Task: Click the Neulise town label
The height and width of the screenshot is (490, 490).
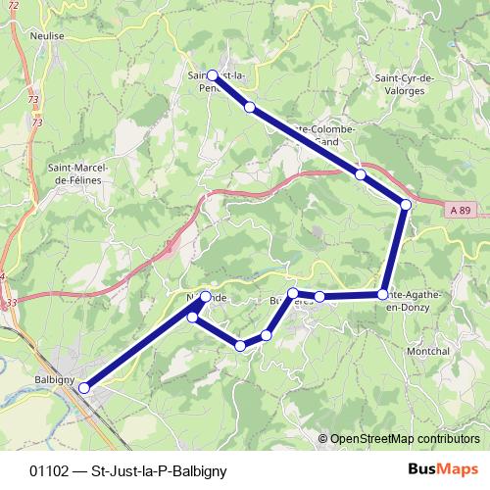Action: coord(47,34)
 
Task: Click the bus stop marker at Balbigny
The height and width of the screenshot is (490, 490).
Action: coord(84,388)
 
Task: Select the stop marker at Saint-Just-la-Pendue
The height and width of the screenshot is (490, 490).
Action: coord(213,74)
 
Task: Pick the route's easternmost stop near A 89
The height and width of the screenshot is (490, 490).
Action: coord(405,204)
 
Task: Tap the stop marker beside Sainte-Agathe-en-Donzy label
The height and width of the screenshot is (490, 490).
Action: coord(383,294)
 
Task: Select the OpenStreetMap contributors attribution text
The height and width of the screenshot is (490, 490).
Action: coord(404,438)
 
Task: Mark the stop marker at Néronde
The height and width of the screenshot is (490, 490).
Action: coord(206,296)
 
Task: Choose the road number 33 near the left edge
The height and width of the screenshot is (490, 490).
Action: coord(10,304)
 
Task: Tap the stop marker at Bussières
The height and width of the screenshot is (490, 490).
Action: coord(292,294)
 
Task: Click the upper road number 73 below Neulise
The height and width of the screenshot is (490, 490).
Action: coord(35,100)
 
